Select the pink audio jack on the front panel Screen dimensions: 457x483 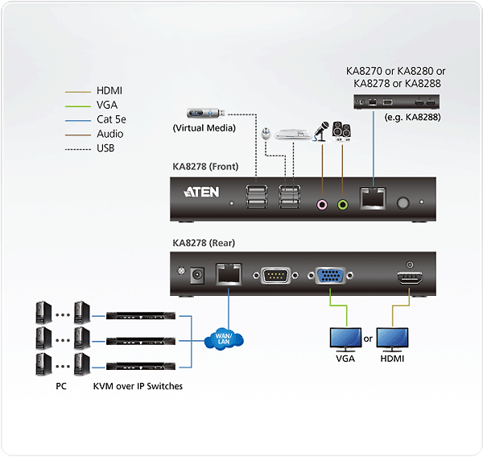click(x=322, y=205)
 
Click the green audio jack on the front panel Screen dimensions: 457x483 click(x=343, y=205)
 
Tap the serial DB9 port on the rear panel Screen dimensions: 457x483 click(x=275, y=276)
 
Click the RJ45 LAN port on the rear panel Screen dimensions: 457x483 click(x=228, y=275)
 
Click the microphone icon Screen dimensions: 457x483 click(x=320, y=131)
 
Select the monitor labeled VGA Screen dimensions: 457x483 click(x=345, y=338)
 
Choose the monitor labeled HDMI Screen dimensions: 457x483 click(x=392, y=338)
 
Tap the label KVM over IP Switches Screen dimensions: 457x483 click(x=139, y=386)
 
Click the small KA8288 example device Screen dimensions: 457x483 click(x=396, y=102)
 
